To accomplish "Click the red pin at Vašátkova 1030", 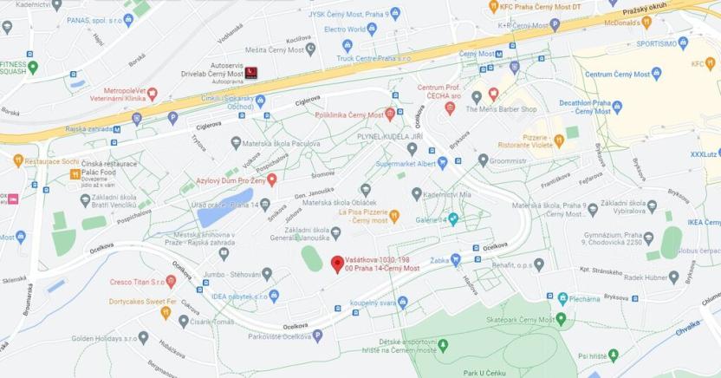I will pyautogui.click(x=337, y=264).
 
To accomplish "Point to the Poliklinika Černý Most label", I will pyautogui.click(x=350, y=114).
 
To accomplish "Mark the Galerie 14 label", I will pyautogui.click(x=428, y=220).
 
